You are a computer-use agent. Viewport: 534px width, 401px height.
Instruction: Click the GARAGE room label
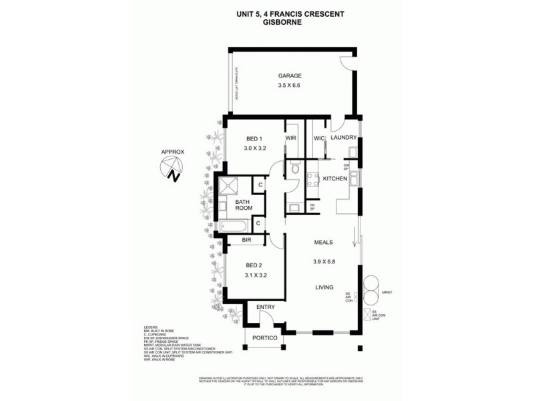tap(290, 76)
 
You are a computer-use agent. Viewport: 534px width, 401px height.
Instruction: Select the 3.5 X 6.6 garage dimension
tap(290, 86)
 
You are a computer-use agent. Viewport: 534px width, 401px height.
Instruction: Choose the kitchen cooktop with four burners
tap(312, 178)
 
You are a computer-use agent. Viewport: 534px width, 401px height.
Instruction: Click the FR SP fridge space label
tap(312, 208)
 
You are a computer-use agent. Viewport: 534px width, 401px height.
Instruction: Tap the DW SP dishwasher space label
tap(346, 166)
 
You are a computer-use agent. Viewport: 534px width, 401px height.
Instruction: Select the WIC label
tap(318, 138)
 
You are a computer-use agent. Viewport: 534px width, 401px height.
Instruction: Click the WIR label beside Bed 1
tap(291, 138)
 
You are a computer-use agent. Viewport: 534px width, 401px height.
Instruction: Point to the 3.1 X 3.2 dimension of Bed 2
tap(256, 273)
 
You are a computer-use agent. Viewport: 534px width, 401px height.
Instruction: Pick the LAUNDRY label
tap(344, 138)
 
